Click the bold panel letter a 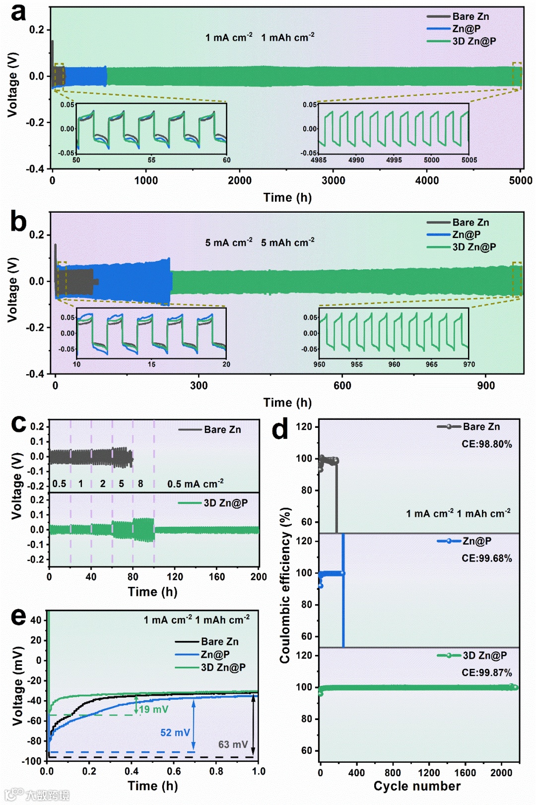pos(18,13)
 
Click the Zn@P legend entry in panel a pos(466,29)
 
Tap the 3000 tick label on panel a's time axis pos(333,181)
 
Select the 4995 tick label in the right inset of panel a pos(394,160)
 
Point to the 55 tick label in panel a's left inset pos(151,160)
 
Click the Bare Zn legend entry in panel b pos(470,222)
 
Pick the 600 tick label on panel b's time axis pos(342,386)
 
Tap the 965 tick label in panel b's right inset pos(431,364)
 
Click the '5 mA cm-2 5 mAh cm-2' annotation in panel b pos(260,242)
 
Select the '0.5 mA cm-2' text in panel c pos(195,483)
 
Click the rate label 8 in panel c pos(140,483)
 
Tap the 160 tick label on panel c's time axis pos(216,577)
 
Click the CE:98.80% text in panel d pos(486,444)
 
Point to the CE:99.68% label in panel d pos(486,558)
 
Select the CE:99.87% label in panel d pos(486,672)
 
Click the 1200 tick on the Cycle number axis pos(429,773)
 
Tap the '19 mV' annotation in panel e pos(153,709)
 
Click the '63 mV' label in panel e pos(233,744)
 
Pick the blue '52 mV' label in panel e pos(175,732)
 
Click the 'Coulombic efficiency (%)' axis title pos(284,585)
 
